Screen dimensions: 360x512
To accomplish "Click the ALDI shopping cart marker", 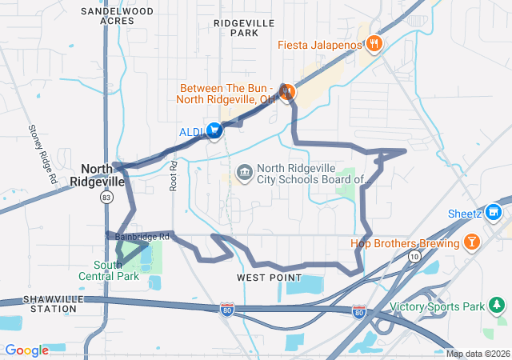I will [x=214, y=130].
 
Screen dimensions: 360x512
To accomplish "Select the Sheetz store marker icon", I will [x=494, y=213].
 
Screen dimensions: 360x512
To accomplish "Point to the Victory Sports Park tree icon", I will [x=497, y=306].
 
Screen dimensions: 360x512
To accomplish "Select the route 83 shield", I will [x=106, y=197].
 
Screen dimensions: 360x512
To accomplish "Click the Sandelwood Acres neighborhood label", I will [x=117, y=16].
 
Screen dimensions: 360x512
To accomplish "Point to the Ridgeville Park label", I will [x=244, y=29].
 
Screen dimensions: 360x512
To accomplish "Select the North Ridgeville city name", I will [x=103, y=174].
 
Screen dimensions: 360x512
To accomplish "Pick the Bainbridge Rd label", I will [x=142, y=237].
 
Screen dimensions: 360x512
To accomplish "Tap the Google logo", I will [x=27, y=350].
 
